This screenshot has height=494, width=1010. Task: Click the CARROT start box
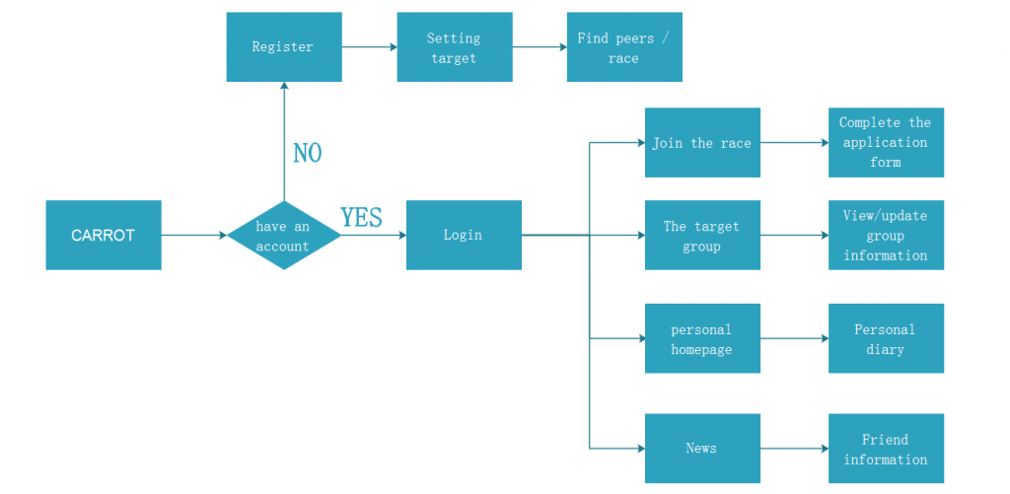tap(103, 235)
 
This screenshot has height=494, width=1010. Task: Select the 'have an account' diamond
tap(283, 235)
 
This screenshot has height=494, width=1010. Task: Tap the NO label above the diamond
tap(308, 153)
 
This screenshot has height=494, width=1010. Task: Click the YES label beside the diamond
tap(361, 218)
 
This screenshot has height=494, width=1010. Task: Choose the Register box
tap(283, 47)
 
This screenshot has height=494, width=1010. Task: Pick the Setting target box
tap(454, 47)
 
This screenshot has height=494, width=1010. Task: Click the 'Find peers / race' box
tap(624, 47)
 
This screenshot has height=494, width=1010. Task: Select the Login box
tap(464, 235)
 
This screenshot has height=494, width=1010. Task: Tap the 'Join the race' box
tap(702, 142)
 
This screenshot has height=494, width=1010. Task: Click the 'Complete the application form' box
tap(886, 142)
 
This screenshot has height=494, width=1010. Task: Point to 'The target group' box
tap(702, 235)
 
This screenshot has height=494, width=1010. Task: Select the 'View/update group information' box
tap(886, 235)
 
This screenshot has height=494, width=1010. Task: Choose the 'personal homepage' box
tap(702, 338)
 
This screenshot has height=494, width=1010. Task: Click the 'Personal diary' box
tap(886, 338)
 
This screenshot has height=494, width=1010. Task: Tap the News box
tap(702, 449)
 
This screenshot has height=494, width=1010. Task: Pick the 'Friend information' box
tap(886, 449)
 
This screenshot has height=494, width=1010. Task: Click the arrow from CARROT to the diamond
tap(194, 235)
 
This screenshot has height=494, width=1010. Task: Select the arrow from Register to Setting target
tap(369, 47)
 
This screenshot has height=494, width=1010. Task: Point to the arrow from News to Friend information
tap(794, 449)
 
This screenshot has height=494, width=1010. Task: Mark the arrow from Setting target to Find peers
tap(540, 47)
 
